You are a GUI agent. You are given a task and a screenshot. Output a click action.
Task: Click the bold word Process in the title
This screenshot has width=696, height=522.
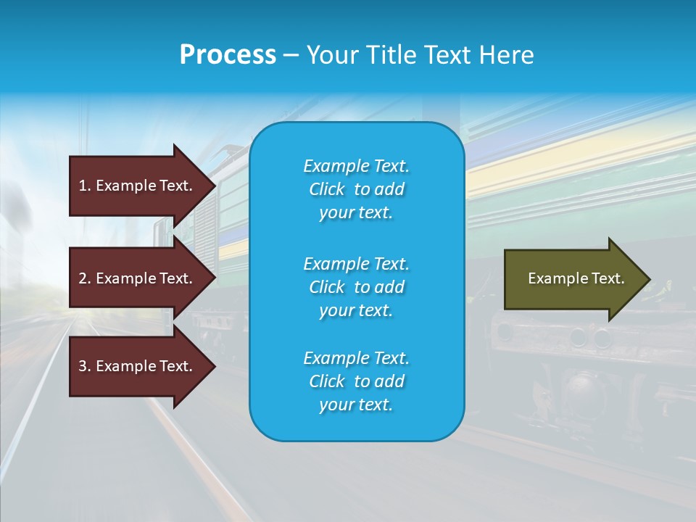[228, 54]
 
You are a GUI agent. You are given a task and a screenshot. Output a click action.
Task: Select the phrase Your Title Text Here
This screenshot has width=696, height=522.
[420, 54]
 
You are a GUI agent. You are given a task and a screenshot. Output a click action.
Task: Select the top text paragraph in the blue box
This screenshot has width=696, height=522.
[356, 189]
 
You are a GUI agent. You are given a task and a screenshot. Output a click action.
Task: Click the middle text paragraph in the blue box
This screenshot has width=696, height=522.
[356, 287]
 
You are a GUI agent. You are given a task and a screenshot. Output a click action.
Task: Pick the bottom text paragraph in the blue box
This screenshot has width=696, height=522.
[356, 381]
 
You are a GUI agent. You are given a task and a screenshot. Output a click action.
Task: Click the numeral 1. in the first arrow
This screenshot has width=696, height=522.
[85, 186]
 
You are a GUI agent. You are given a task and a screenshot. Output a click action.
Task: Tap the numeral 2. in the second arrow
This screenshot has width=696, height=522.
[85, 278]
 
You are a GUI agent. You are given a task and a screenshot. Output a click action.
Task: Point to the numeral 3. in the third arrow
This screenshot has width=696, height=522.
[85, 366]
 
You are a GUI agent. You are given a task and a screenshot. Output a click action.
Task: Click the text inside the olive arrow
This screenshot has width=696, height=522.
[576, 278]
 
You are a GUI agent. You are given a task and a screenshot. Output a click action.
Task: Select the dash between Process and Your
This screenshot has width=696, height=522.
[291, 55]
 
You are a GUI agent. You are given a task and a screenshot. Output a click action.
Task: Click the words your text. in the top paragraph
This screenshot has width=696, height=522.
[356, 213]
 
